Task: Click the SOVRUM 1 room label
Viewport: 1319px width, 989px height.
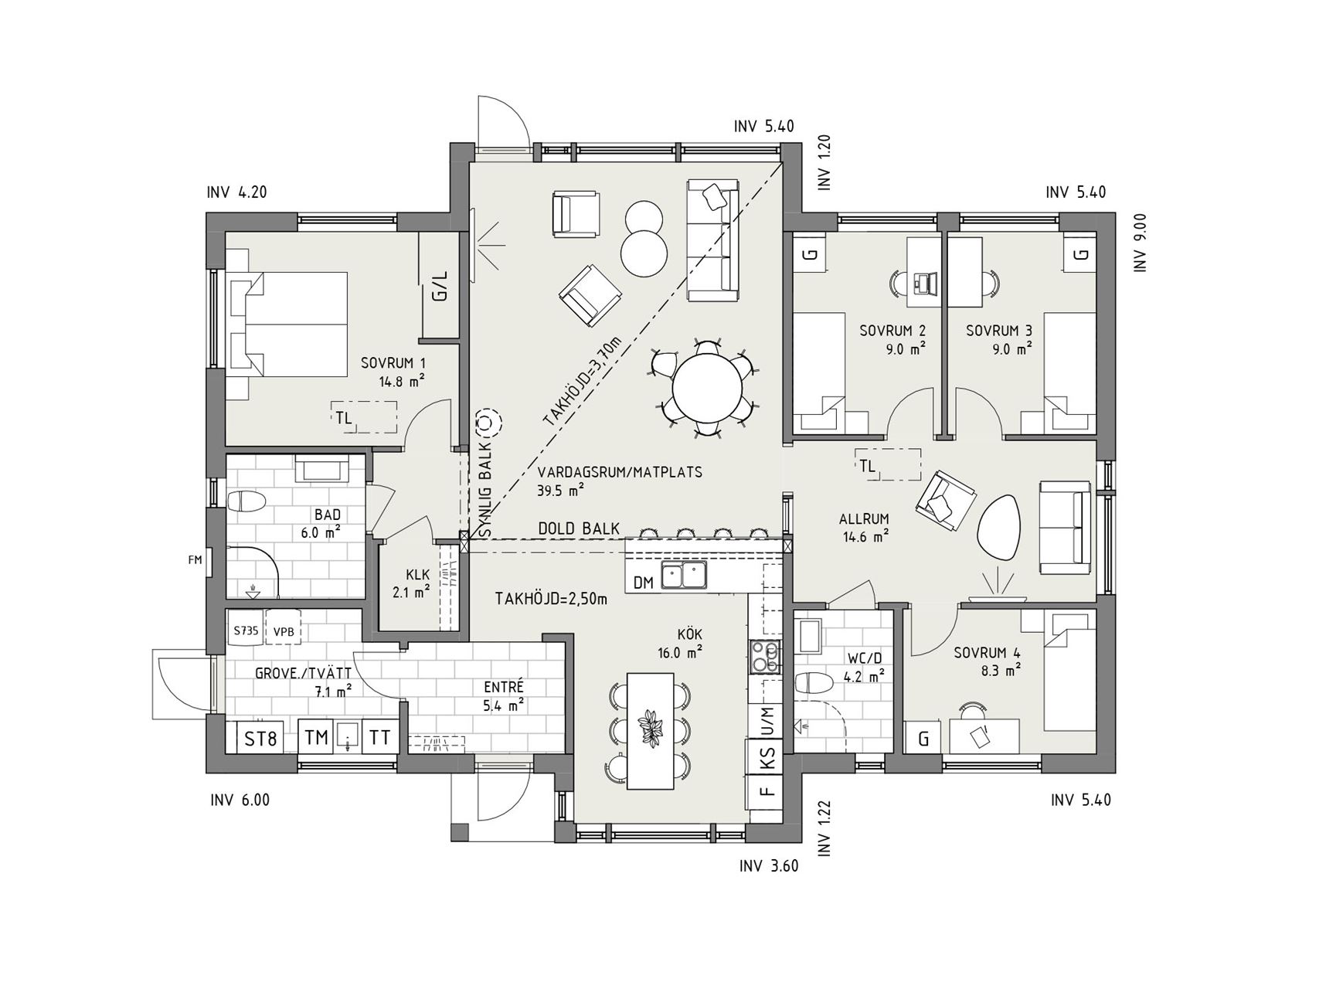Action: pyautogui.click(x=393, y=362)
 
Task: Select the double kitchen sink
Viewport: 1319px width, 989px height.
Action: pyautogui.click(x=683, y=576)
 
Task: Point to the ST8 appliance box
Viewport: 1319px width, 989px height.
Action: pyautogui.click(x=260, y=738)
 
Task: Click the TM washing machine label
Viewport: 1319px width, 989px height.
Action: pyautogui.click(x=316, y=738)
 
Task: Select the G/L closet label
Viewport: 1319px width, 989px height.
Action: pyautogui.click(x=440, y=286)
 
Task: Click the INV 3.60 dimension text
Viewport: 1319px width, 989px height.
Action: pyautogui.click(x=768, y=865)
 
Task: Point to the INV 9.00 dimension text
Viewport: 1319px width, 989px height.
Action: pyautogui.click(x=1139, y=242)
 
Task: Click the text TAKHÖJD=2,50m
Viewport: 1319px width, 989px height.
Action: pyautogui.click(x=551, y=597)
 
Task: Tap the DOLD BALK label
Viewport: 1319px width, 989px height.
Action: pyautogui.click(x=579, y=528)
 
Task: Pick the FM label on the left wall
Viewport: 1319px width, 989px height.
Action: pyautogui.click(x=195, y=559)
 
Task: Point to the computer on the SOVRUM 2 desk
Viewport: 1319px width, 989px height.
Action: pyautogui.click(x=923, y=282)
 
